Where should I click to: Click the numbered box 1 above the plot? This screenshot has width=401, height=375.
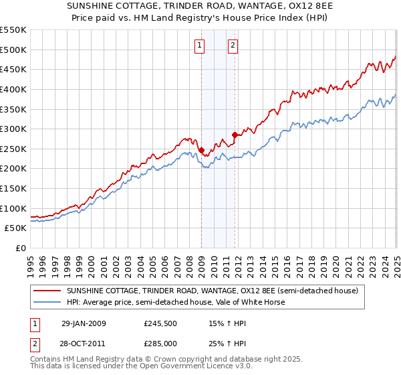(x=200, y=46)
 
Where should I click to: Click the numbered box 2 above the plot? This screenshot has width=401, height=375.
(x=233, y=46)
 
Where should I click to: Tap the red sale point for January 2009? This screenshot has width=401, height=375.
(x=201, y=150)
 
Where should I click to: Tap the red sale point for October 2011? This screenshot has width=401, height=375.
(x=235, y=135)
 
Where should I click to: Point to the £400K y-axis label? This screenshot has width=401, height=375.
(x=13, y=89)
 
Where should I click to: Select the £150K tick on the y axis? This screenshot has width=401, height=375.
(x=13, y=188)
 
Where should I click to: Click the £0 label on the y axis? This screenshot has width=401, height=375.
(x=21, y=248)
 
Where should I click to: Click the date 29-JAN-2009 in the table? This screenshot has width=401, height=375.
(x=84, y=323)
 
